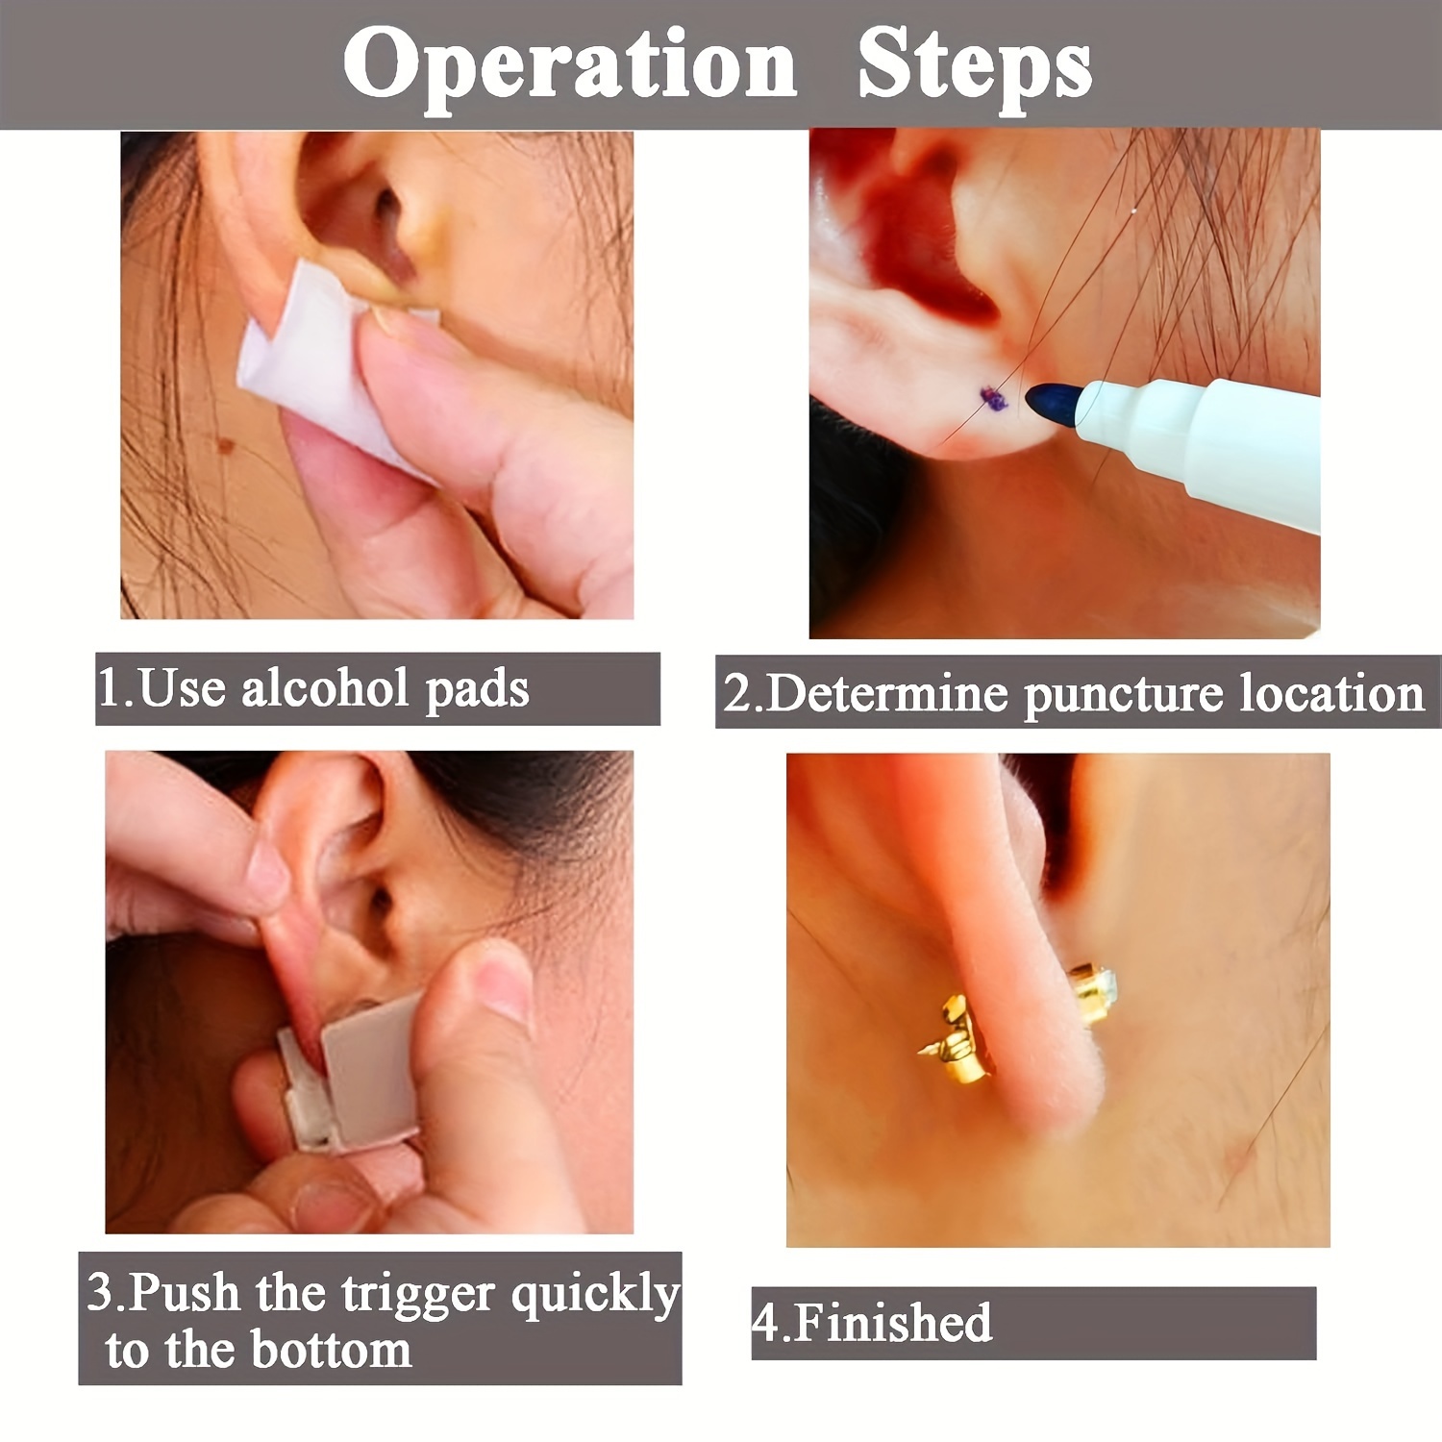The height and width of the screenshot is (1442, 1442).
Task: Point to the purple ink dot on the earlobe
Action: pos(993,399)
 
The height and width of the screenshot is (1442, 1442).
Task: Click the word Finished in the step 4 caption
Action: pos(894,1323)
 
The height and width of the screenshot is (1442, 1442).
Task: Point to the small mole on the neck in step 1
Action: pos(228,445)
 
